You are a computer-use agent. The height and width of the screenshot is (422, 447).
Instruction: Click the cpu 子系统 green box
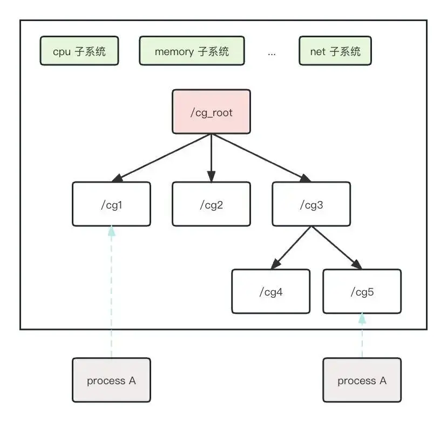(x=79, y=52)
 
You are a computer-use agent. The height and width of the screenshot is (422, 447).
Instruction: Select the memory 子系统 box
(x=192, y=52)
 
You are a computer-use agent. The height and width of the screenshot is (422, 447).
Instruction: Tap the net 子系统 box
(x=335, y=52)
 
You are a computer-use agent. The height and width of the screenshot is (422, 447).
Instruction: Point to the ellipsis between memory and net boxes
(x=272, y=53)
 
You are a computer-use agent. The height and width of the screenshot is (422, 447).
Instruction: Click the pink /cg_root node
(x=211, y=111)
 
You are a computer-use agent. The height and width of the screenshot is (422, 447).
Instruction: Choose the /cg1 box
(x=111, y=204)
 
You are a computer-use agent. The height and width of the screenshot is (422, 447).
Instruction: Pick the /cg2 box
(x=211, y=204)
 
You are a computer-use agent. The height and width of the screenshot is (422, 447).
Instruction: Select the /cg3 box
(x=311, y=204)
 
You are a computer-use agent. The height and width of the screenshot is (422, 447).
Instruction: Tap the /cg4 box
(x=270, y=291)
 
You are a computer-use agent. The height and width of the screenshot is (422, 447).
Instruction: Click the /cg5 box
(x=362, y=291)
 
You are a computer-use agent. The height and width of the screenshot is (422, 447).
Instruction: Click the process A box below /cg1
(x=111, y=380)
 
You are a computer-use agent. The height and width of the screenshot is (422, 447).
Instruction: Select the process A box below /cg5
(x=362, y=380)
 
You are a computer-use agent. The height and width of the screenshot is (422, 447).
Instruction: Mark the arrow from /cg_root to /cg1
(x=162, y=157)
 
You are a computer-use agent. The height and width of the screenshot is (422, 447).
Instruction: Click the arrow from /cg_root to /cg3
(x=260, y=157)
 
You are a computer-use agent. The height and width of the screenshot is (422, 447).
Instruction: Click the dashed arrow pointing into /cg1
(x=112, y=292)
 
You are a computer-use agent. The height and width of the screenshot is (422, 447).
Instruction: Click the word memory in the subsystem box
(x=174, y=52)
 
